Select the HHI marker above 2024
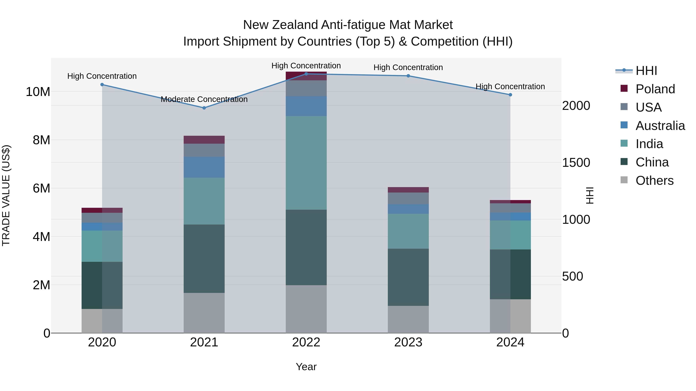click(x=510, y=95)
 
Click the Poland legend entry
click(x=655, y=89)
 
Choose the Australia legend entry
click(x=660, y=126)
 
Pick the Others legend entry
click(x=654, y=181)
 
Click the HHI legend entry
click(x=646, y=71)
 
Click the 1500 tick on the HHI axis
click(x=576, y=163)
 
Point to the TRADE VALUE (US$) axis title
click(x=6, y=195)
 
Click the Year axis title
click(x=306, y=367)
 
